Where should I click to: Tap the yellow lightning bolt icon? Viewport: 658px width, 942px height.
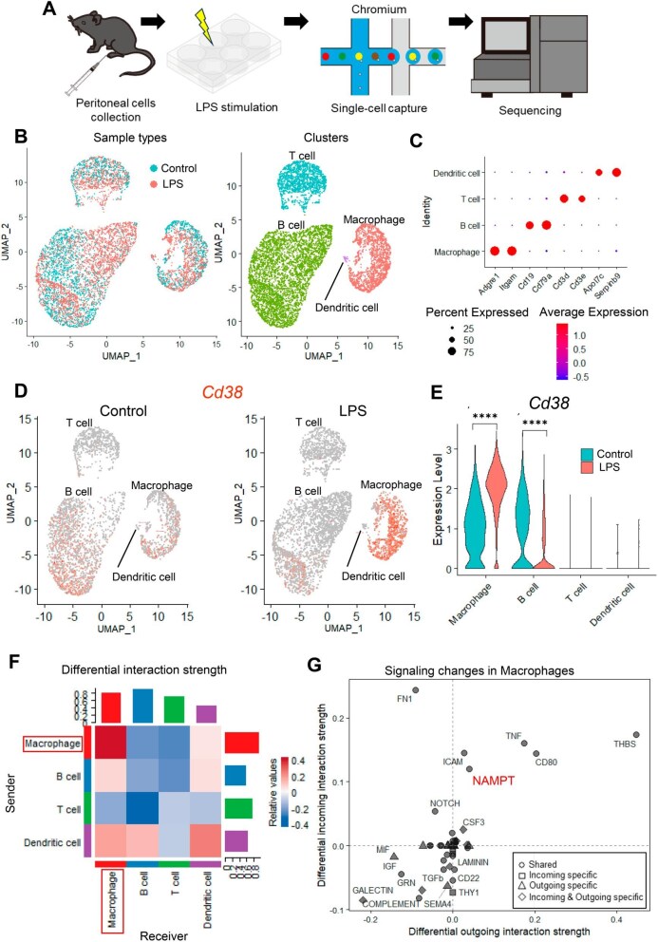[202, 24]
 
